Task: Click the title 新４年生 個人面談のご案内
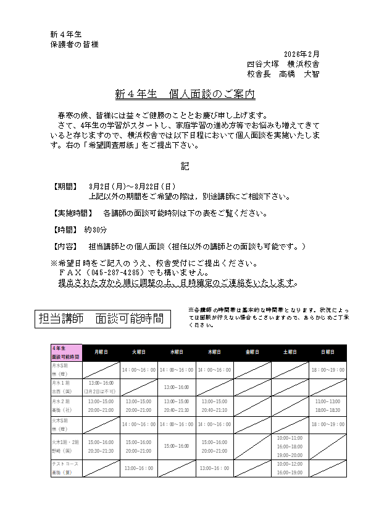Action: pyautogui.click(x=185, y=95)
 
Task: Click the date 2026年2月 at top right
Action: pyautogui.click(x=302, y=54)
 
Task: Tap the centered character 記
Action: pyautogui.click(x=185, y=166)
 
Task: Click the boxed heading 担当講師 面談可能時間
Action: pyautogui.click(x=101, y=318)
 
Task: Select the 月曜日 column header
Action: pyautogui.click(x=101, y=352)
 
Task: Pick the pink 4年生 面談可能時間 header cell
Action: pyautogui.click(x=66, y=352)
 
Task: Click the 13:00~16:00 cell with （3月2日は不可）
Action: pyautogui.click(x=101, y=387)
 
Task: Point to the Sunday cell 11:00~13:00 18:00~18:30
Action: pyautogui.click(x=327, y=406)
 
